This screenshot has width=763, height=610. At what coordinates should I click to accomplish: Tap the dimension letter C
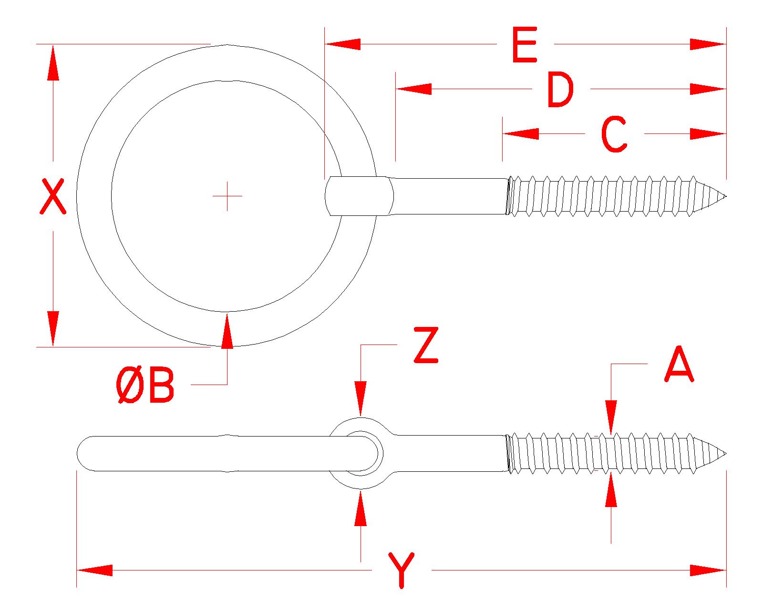pos(614,135)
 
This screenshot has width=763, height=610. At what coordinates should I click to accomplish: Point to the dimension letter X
pos(52,196)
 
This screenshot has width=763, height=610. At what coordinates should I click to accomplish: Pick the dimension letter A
pos(679,365)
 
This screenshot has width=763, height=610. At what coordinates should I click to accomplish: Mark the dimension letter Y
pos(402,570)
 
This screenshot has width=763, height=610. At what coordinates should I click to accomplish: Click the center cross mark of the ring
pos(227,196)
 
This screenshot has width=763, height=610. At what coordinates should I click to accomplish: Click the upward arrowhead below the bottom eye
pos(361,507)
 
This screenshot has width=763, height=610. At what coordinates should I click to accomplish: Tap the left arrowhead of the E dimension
pos(342,44)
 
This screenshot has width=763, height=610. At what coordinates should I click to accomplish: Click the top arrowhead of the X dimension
pos(53,62)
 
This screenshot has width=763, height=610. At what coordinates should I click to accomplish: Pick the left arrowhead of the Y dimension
pos(94,570)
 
